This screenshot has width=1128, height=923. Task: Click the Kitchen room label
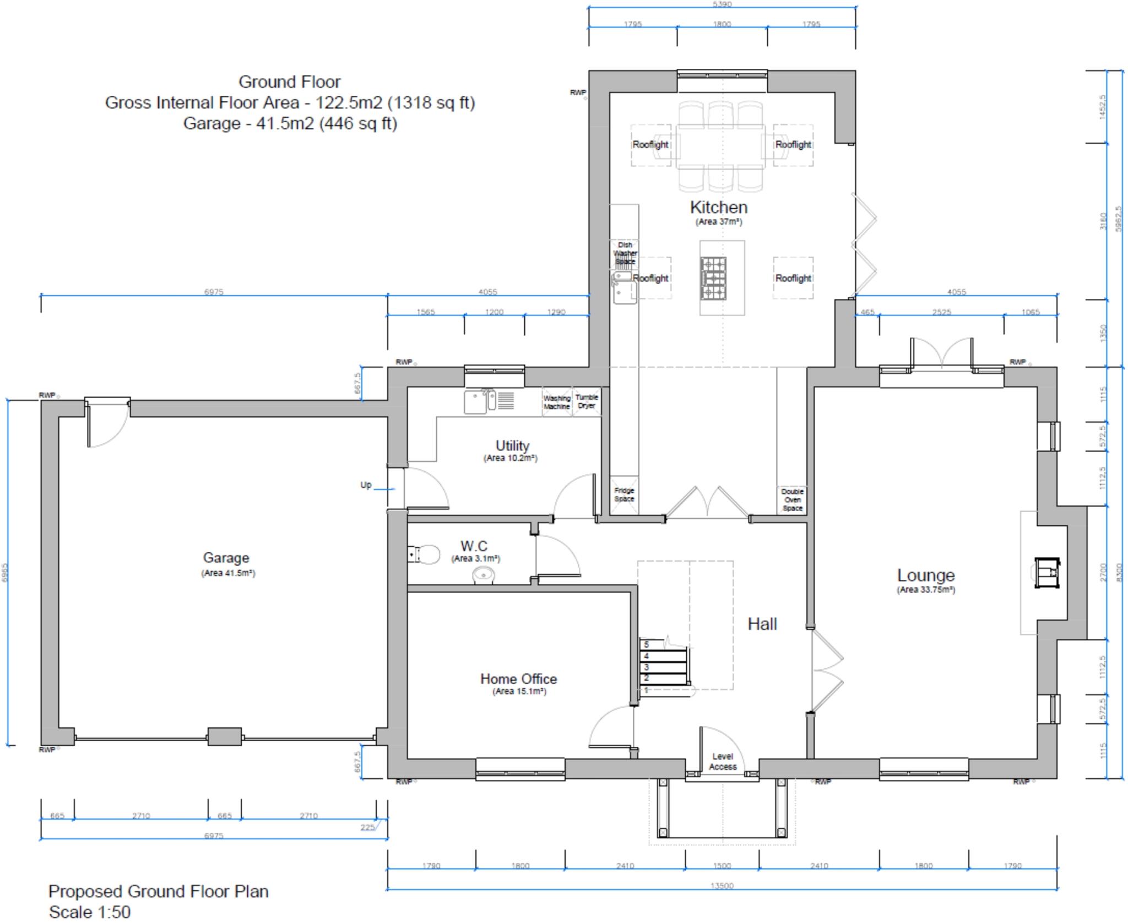click(718, 208)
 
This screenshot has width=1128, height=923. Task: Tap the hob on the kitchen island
click(713, 278)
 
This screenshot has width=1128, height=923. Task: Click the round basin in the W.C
click(484, 575)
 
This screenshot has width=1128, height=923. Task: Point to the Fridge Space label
click(624, 495)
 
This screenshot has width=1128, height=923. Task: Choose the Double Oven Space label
click(792, 499)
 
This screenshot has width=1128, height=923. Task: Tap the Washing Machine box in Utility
click(557, 402)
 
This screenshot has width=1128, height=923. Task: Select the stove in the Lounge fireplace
click(1046, 573)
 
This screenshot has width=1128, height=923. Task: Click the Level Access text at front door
click(722, 762)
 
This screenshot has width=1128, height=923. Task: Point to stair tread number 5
click(647, 644)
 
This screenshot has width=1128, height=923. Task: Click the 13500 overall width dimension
click(722, 886)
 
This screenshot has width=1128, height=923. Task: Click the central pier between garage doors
click(224, 736)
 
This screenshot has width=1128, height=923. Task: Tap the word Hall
click(762, 624)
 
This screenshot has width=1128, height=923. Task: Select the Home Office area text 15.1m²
click(519, 691)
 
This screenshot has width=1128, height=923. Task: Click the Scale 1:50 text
click(90, 911)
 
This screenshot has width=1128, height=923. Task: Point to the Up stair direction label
click(366, 485)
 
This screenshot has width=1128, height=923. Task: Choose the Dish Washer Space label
click(625, 253)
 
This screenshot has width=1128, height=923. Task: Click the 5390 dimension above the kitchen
click(722, 4)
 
